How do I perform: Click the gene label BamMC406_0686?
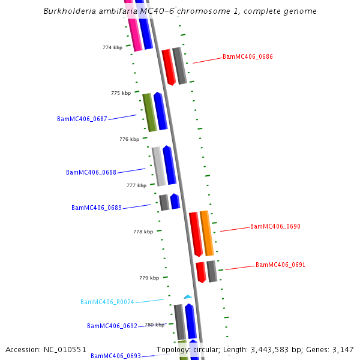tap(248, 56)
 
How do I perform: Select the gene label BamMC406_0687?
tap(82, 119)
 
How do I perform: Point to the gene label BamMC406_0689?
tap(97, 208)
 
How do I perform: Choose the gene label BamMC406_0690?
tap(275, 226)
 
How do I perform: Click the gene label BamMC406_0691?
tap(281, 265)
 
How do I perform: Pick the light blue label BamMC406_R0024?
tap(107, 302)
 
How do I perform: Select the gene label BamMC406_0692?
tap(112, 326)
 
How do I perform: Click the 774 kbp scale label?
tap(113, 47)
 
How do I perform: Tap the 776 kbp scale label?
tap(130, 139)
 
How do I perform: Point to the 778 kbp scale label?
tap(143, 231)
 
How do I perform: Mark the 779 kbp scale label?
tap(149, 278)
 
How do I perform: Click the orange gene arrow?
tap(206, 233)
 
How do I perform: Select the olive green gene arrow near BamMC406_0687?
tap(149, 112)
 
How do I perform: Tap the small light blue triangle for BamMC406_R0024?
tap(188, 296)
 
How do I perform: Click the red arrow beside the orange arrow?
tap(196, 235)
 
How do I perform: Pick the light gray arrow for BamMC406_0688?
tap(158, 166)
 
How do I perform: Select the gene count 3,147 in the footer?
tap(341, 349)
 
